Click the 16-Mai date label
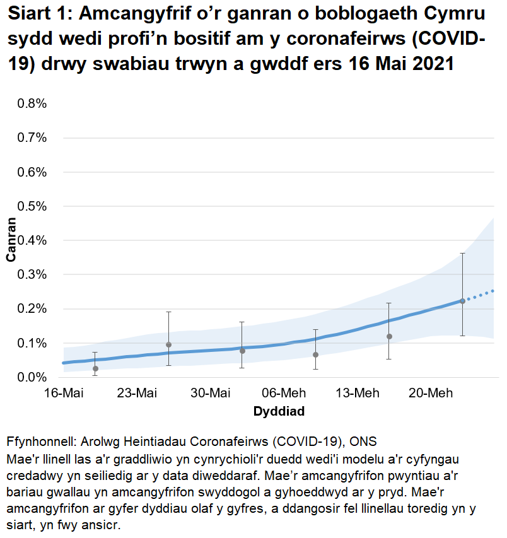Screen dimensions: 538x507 [64, 394]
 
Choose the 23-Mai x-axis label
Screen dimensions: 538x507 [137, 394]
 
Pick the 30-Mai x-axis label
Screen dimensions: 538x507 [211, 394]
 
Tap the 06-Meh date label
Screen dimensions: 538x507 [284, 394]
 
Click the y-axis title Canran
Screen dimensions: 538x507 [11, 240]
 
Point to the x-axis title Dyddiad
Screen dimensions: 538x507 [279, 412]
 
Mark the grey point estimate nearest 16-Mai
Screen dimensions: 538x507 [95, 368]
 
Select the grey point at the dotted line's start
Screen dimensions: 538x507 [462, 301]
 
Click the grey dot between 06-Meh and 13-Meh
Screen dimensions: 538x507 [315, 355]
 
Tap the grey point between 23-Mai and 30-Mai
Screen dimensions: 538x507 [168, 345]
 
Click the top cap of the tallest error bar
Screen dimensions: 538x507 [462, 253]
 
